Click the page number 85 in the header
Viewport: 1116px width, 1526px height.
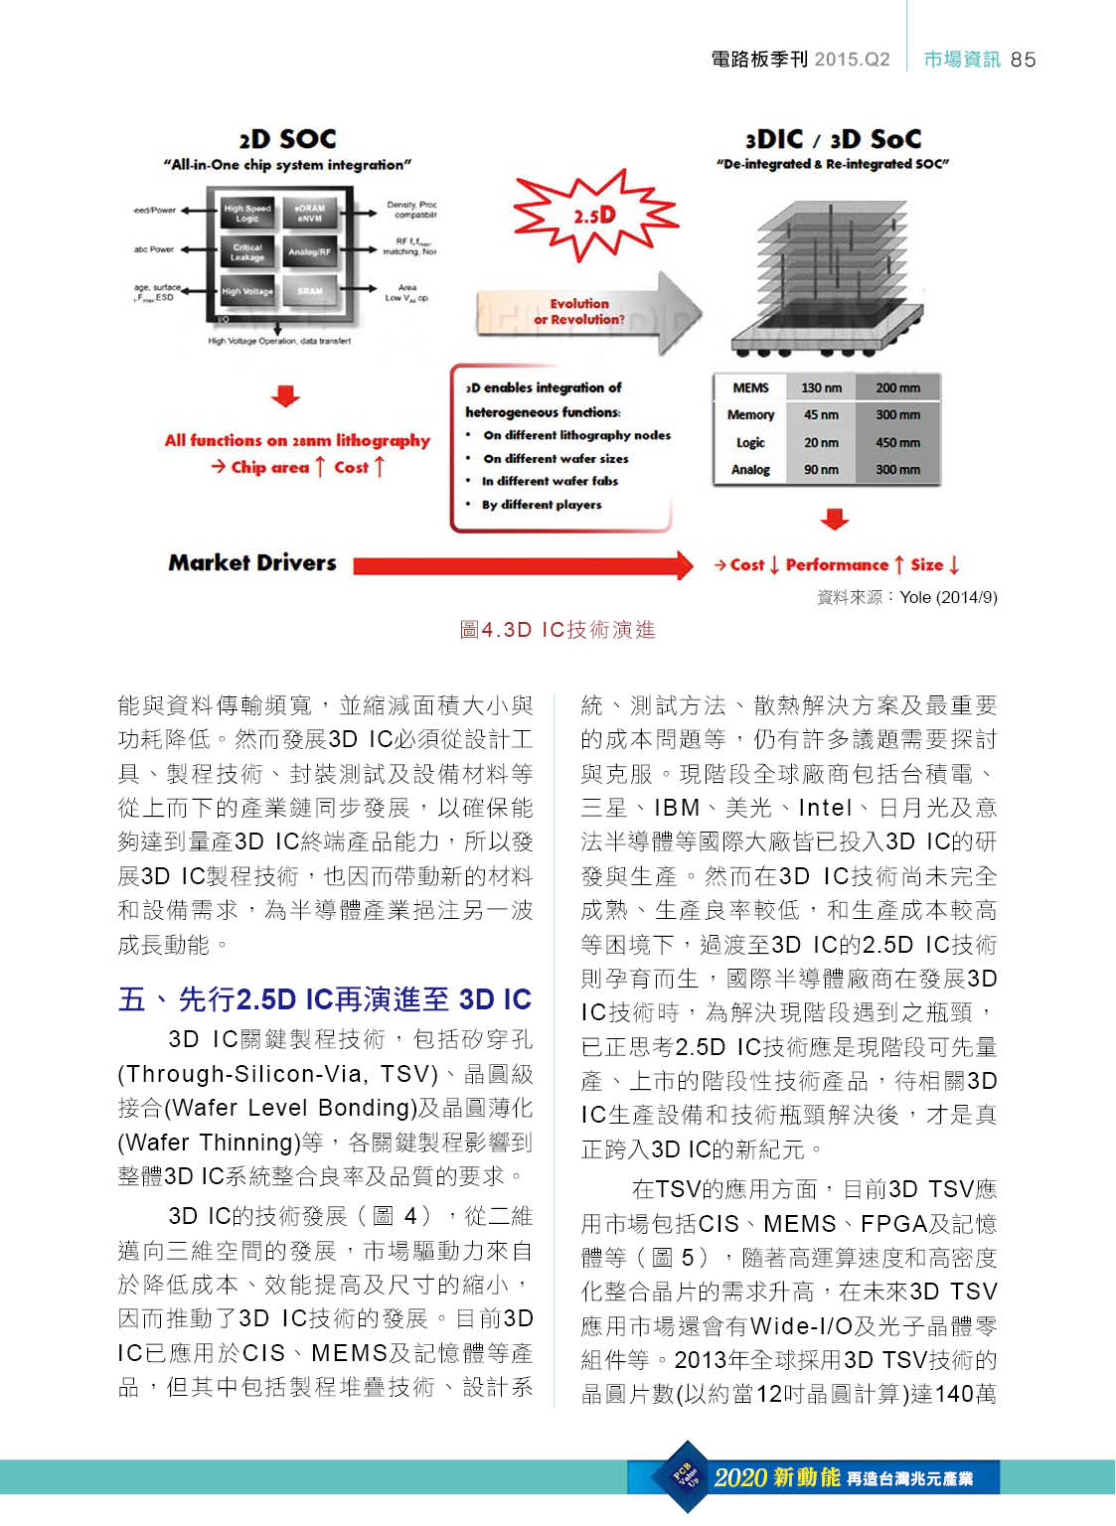pyautogui.click(x=1023, y=60)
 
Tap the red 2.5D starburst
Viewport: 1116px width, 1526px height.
pyautogui.click(x=594, y=215)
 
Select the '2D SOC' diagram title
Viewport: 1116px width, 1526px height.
pyautogui.click(x=287, y=139)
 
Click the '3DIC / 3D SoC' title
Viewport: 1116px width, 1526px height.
pyautogui.click(x=833, y=139)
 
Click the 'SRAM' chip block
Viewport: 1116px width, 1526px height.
pyautogui.click(x=310, y=291)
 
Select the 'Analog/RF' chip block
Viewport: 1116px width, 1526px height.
pyautogui.click(x=310, y=251)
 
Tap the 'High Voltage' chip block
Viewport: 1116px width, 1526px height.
pyautogui.click(x=247, y=291)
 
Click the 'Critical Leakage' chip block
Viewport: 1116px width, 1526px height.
pyautogui.click(x=247, y=252)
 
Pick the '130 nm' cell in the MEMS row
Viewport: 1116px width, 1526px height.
pyautogui.click(x=821, y=387)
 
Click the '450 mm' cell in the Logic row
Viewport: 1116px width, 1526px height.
pyautogui.click(x=897, y=442)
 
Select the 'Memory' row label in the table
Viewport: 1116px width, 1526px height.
pyautogui.click(x=750, y=415)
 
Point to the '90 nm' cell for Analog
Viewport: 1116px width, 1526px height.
pyautogui.click(x=821, y=469)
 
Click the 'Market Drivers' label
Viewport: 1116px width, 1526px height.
pyautogui.click(x=252, y=563)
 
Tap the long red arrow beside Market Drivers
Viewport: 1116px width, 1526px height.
pyautogui.click(x=523, y=565)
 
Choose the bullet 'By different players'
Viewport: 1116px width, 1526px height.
pyautogui.click(x=542, y=505)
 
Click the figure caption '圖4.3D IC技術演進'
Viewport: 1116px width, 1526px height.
pyautogui.click(x=558, y=630)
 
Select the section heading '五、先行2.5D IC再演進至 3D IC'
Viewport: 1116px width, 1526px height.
pyautogui.click(x=325, y=999)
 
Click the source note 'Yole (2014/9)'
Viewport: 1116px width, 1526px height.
pyautogui.click(x=948, y=597)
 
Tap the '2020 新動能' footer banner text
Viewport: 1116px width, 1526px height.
pyautogui.click(x=777, y=1478)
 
